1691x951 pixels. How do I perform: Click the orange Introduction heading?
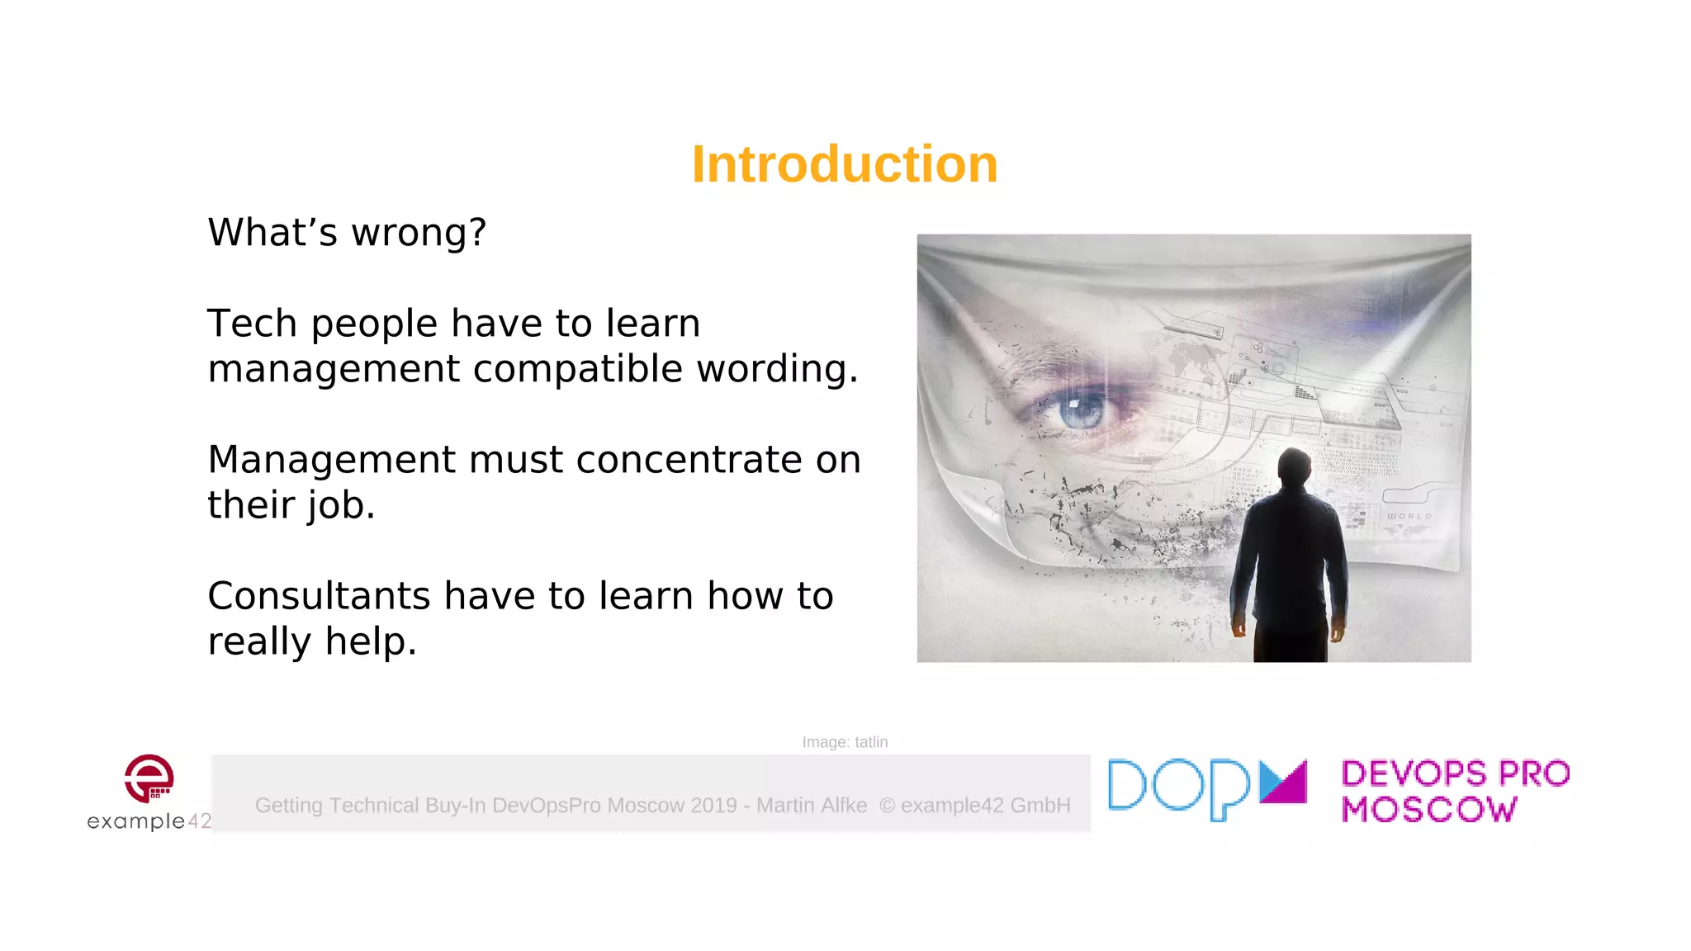pyautogui.click(x=844, y=163)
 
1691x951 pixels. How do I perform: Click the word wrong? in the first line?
pyautogui.click(x=419, y=233)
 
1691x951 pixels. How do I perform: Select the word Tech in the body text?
pyautogui.click(x=252, y=323)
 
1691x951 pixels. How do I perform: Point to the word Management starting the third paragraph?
pyautogui.click(x=330, y=460)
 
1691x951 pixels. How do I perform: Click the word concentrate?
pyautogui.click(x=689, y=460)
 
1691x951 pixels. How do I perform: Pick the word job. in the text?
pyautogui.click(x=342, y=505)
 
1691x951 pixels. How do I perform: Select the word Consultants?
pyautogui.click(x=319, y=596)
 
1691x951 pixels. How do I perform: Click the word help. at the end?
pyautogui.click(x=371, y=641)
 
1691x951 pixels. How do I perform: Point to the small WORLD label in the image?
pyautogui.click(x=1409, y=516)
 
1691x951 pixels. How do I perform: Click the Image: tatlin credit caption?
pyautogui.click(x=845, y=742)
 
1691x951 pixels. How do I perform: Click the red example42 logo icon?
pyautogui.click(x=149, y=778)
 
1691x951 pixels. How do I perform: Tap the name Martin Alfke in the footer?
pyautogui.click(x=812, y=805)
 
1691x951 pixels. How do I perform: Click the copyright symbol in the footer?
pyautogui.click(x=887, y=805)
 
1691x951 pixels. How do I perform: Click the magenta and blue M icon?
pyautogui.click(x=1283, y=782)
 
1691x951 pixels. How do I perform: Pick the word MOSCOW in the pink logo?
pyautogui.click(x=1428, y=810)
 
